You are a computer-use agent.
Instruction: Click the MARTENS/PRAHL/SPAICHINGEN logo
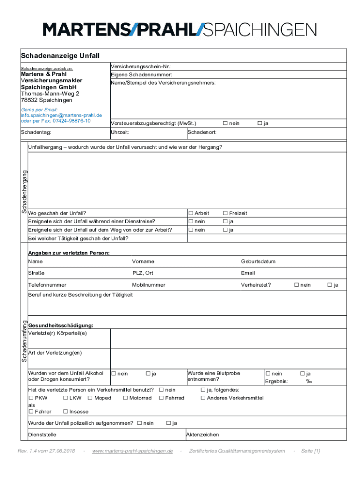click(180, 29)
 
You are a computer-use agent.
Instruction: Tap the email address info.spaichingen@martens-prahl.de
click(61, 115)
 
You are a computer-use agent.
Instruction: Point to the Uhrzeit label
click(120, 133)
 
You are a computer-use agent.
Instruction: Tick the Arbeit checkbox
click(190, 213)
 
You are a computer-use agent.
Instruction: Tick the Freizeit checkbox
click(225, 213)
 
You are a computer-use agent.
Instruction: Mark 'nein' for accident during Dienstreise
click(190, 221)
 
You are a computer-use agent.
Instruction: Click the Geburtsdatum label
click(258, 261)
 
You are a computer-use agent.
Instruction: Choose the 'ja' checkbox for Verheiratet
click(330, 285)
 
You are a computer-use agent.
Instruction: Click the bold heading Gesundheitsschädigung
click(61, 326)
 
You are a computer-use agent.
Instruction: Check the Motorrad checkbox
click(126, 398)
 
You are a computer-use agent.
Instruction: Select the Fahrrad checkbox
click(161, 398)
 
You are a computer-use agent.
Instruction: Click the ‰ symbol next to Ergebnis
click(309, 381)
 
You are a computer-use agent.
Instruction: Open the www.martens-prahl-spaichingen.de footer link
click(133, 451)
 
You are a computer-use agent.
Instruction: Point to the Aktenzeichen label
click(202, 435)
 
